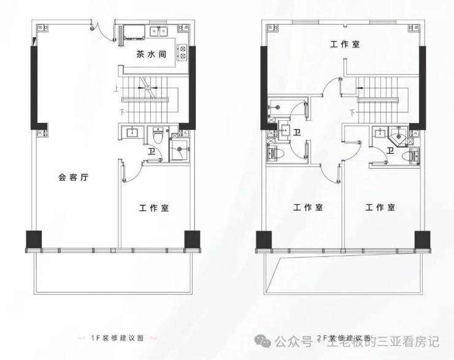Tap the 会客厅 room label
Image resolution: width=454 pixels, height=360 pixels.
click(74, 178)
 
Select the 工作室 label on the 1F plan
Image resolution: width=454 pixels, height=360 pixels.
click(153, 208)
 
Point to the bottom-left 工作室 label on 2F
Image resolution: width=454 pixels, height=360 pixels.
click(307, 208)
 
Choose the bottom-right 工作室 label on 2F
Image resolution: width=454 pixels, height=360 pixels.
click(380, 208)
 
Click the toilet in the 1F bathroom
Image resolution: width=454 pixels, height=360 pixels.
click(158, 136)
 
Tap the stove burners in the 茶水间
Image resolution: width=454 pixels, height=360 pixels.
click(183, 54)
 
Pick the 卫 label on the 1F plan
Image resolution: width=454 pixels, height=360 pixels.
click(151, 152)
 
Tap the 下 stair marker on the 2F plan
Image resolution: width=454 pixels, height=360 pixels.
click(353, 112)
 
